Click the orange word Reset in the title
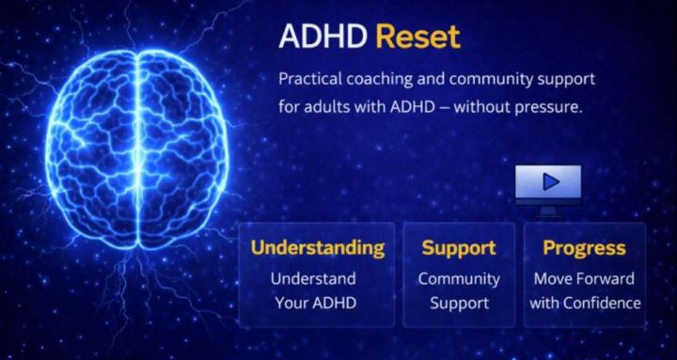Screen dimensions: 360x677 pyautogui.click(x=418, y=38)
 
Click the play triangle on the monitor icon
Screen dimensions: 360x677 pyautogui.click(x=550, y=180)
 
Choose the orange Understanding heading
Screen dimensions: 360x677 pyautogui.click(x=317, y=248)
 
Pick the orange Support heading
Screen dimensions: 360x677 pyautogui.click(x=459, y=248)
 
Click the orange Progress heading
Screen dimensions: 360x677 pyautogui.click(x=584, y=248)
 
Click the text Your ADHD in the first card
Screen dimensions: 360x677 pyautogui.click(x=314, y=303)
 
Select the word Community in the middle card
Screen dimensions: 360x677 pyautogui.click(x=459, y=279)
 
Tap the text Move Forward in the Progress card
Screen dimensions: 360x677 pyautogui.click(x=584, y=279)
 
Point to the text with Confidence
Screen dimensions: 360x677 pyautogui.click(x=584, y=303)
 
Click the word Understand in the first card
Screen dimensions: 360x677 pyautogui.click(x=313, y=279)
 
